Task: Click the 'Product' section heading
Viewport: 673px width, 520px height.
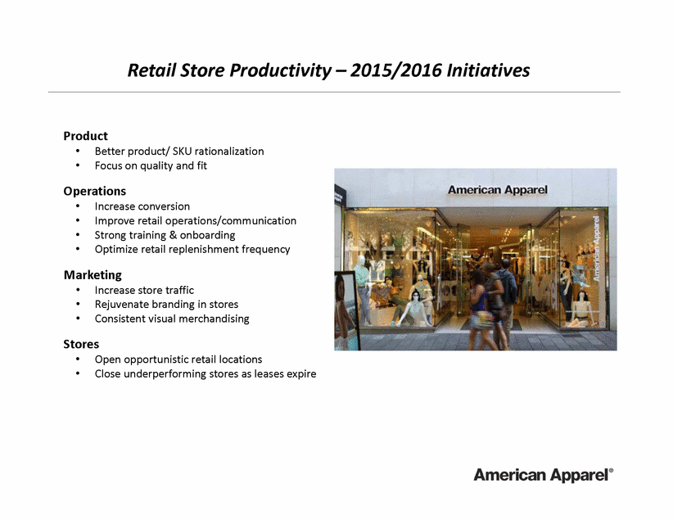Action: point(85,136)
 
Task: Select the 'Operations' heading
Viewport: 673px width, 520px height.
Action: point(95,191)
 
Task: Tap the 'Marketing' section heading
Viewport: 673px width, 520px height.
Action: point(93,275)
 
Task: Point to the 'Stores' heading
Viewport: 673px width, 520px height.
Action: point(81,345)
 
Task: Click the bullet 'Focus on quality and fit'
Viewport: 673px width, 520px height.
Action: point(151,165)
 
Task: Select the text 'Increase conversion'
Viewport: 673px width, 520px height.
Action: point(142,206)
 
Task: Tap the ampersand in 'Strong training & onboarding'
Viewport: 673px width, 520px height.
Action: point(173,235)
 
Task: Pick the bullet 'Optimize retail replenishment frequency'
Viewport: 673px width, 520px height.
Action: point(192,250)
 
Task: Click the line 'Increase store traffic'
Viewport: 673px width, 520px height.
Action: point(144,290)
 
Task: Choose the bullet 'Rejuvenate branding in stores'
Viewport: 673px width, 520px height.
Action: point(166,305)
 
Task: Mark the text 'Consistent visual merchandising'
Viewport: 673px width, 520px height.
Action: point(172,319)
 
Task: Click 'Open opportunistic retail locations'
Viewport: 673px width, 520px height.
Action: point(178,359)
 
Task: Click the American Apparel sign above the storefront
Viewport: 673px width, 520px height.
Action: point(498,190)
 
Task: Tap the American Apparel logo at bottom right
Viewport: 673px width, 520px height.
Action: point(544,475)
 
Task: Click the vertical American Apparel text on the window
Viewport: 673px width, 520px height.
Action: point(596,249)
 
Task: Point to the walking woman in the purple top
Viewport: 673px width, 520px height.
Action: point(479,310)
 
